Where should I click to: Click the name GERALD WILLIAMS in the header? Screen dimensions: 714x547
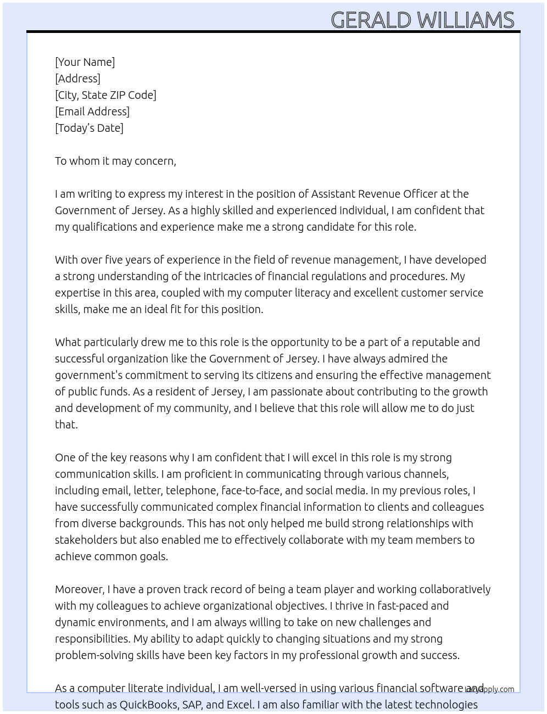(x=422, y=20)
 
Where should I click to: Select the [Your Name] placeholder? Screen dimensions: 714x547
(x=85, y=62)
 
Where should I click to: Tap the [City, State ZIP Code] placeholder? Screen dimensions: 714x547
(x=105, y=95)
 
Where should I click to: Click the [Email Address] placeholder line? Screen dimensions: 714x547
(x=92, y=111)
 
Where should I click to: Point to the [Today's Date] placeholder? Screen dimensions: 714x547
(x=89, y=128)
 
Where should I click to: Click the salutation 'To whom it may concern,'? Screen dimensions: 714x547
(x=115, y=161)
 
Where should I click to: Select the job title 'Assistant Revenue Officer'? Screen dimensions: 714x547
(x=375, y=194)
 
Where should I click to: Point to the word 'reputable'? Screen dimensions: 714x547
(x=435, y=342)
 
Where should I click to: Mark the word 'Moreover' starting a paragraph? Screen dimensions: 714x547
(x=79, y=589)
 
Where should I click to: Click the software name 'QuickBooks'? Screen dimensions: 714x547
(x=148, y=705)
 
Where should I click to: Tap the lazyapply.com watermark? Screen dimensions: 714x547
(x=489, y=689)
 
